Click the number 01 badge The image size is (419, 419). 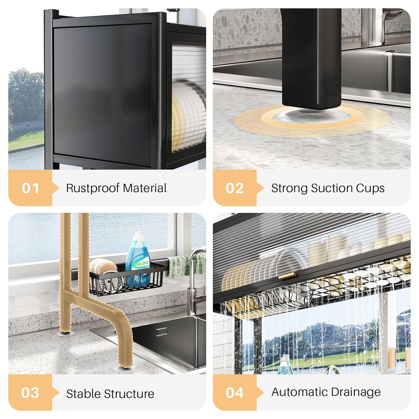click(x=30, y=188)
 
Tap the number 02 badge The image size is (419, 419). click(x=235, y=188)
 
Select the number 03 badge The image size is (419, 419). click(x=30, y=392)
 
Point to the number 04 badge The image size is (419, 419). click(x=235, y=392)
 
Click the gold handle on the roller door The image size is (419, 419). click(x=287, y=276)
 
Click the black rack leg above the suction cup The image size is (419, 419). click(x=311, y=59)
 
